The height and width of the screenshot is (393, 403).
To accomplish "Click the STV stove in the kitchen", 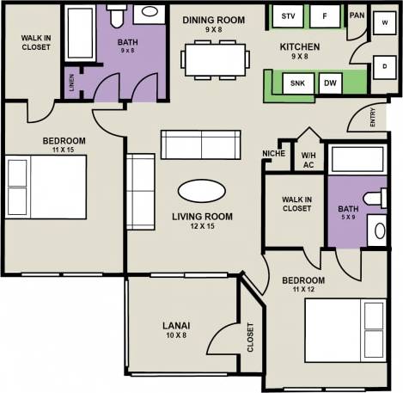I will click(x=288, y=16).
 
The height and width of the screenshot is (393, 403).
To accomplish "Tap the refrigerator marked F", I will click(x=325, y=16).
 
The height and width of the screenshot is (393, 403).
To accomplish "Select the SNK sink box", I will click(x=298, y=83).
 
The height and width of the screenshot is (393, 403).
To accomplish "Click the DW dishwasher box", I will click(x=330, y=83).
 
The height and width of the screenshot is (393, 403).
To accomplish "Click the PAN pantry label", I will click(x=357, y=15).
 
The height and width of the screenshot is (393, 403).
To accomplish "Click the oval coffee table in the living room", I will click(x=204, y=190).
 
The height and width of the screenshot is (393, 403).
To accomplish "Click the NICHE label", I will click(x=275, y=154).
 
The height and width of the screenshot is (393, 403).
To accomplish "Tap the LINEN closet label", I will click(x=70, y=83).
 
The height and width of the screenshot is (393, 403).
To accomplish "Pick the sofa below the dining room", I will click(x=203, y=145).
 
